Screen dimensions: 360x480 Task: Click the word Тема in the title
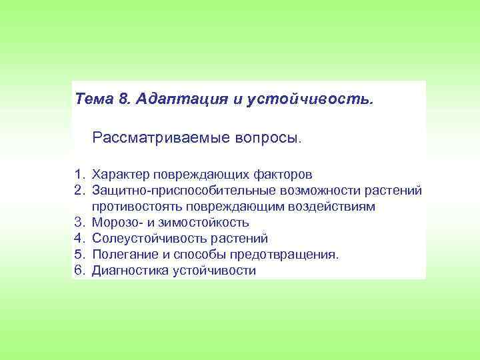tap(95, 99)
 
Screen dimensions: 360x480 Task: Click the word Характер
tap(121, 175)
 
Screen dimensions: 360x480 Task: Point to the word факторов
tap(283, 175)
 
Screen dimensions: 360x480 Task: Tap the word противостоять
tap(137, 207)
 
